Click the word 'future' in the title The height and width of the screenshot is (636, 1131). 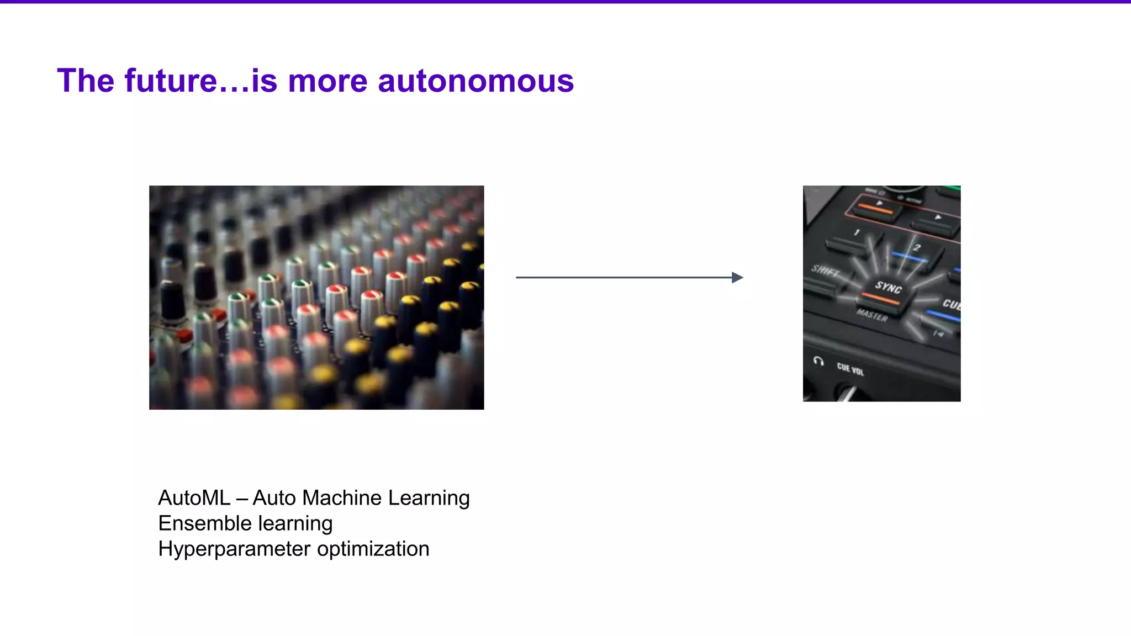pos(171,81)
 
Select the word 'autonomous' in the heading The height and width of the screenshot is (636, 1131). pos(475,81)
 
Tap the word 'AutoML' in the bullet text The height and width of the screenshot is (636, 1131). pos(194,498)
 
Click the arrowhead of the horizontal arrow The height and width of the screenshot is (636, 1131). pos(737,278)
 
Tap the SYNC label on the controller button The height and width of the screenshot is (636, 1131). pos(888,287)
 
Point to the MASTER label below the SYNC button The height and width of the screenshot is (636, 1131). pos(872,315)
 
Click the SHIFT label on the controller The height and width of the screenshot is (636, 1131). pos(825,271)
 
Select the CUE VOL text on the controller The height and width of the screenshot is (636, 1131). pos(850,369)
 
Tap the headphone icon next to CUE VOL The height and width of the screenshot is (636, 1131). pos(818,362)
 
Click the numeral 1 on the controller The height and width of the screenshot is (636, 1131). pos(857,232)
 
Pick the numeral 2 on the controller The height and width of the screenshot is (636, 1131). pos(917,247)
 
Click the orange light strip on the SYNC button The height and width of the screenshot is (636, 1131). pos(880,299)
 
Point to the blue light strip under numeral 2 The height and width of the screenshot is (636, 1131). pos(909,257)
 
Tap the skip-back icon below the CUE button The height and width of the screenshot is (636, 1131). pos(938,333)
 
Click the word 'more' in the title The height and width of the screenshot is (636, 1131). pos(327,81)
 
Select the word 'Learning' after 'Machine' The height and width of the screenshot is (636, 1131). pos(429,498)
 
